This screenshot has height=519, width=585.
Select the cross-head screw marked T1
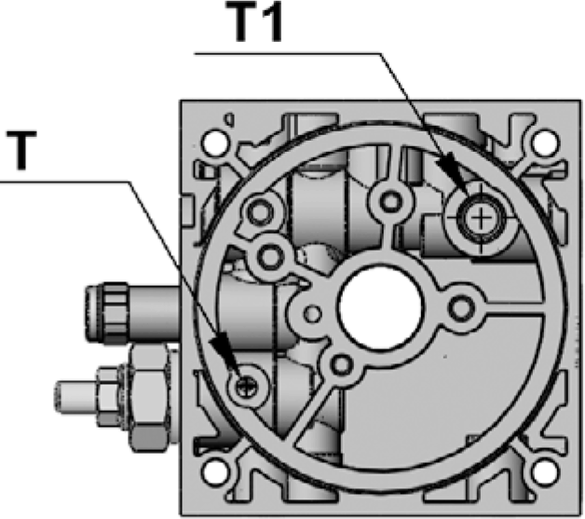click(481, 219)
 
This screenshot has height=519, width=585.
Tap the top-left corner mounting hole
click(215, 143)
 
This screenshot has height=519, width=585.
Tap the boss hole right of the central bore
click(460, 306)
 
